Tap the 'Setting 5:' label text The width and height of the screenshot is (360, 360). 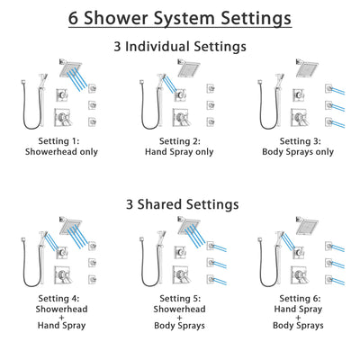point(179,301)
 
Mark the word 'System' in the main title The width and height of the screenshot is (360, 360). point(184,18)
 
